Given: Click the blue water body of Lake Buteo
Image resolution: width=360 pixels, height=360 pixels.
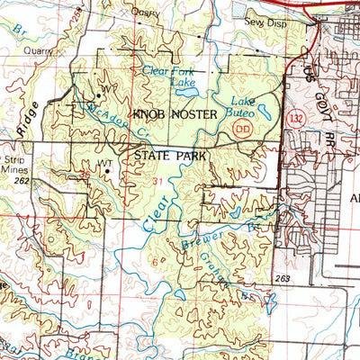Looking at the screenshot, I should coord(262,113).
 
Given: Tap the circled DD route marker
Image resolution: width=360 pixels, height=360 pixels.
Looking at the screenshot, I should coord(239,130).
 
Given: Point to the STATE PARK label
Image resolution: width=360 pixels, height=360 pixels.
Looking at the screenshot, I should coord(170,156).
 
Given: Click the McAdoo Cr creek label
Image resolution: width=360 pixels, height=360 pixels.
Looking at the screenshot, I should coord(103,118).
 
